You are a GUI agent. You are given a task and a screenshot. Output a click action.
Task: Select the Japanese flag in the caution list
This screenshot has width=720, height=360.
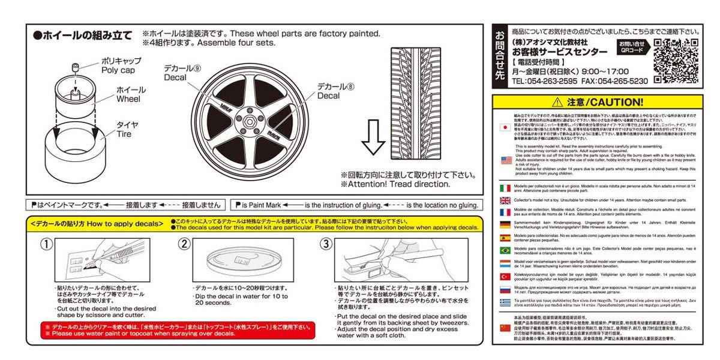[505, 128]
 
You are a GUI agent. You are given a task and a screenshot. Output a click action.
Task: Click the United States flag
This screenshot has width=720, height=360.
[505, 160]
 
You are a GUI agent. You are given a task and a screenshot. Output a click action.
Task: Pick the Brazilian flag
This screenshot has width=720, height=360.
[505, 250]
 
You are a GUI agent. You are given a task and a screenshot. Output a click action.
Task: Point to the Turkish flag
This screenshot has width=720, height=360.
[505, 276]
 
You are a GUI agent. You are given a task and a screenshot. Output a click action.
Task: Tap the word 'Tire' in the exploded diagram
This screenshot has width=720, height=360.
[123, 133]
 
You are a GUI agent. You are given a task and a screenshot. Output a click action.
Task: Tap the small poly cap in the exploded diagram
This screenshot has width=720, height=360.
[76, 67]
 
